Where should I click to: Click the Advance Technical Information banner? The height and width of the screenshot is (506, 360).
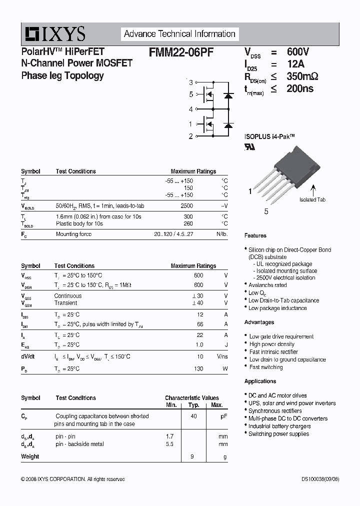[179, 34]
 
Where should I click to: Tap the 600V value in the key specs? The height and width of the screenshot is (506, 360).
[298, 52]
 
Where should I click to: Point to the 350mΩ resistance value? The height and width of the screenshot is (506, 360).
[302, 76]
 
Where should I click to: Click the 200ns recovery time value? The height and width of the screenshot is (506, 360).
[300, 89]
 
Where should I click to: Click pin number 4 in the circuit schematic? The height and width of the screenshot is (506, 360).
[190, 109]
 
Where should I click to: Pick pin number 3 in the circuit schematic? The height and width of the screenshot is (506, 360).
[190, 82]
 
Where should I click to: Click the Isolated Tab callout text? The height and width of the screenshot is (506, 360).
[312, 199]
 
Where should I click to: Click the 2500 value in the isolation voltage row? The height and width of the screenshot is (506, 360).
[186, 206]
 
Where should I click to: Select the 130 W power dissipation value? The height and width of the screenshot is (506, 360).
[198, 368]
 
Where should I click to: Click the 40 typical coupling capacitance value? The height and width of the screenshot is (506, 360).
[193, 416]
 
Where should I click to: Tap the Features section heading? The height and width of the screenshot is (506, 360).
[255, 235]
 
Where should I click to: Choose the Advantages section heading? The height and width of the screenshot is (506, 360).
[259, 322]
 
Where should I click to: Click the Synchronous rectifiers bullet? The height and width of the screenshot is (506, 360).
[275, 410]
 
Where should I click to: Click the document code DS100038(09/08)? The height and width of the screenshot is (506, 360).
[316, 479]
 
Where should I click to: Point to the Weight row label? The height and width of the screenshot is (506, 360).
[30, 456]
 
